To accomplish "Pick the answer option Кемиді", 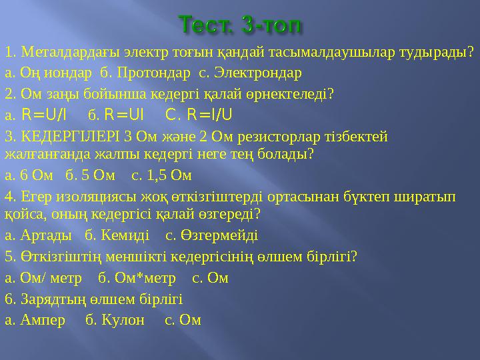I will pos(121,235).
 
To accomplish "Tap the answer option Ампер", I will pos(44,319).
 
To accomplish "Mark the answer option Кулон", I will pos(123,319).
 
